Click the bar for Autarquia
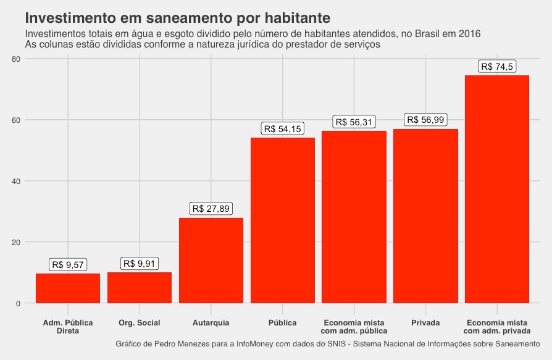(211, 260)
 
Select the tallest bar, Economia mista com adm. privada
(497, 189)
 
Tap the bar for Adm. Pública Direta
(68, 288)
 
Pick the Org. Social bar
(140, 287)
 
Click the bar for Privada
(425, 216)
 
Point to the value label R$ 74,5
(497, 67)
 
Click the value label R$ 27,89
(211, 209)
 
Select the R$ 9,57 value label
(68, 264)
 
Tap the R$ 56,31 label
(354, 122)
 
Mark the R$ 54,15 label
(282, 128)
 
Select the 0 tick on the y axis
(19, 303)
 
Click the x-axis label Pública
(282, 323)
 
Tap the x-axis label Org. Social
(140, 323)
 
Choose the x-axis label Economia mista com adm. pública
(354, 327)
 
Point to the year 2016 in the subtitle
(469, 33)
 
